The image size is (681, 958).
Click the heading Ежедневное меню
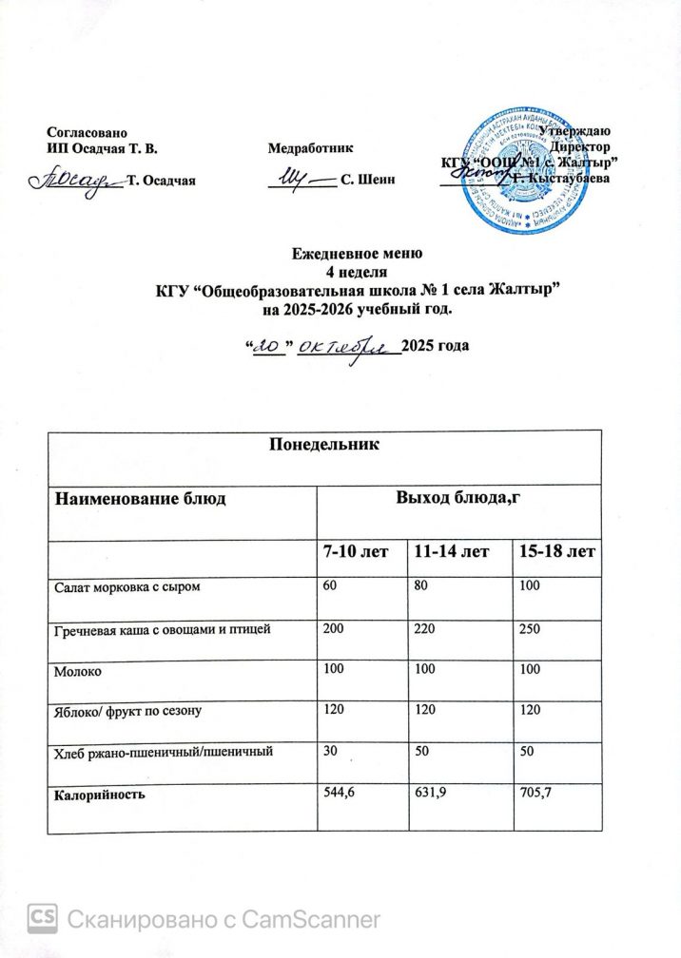pyautogui.click(x=356, y=254)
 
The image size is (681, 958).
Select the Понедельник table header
pyautogui.click(x=324, y=444)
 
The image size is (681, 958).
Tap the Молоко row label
pyautogui.click(x=77, y=670)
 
